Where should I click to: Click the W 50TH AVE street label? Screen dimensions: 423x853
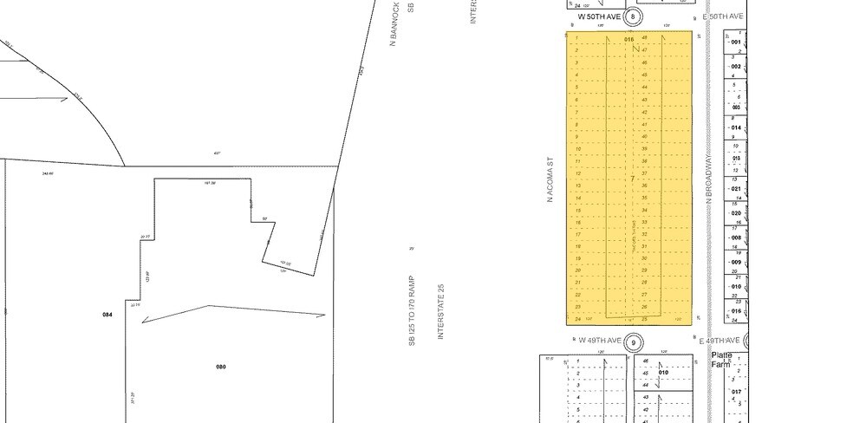pos(601,16)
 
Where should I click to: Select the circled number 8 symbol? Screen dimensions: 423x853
pos(634,16)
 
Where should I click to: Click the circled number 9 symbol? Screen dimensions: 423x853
pos(634,342)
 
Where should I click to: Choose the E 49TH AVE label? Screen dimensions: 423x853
pos(721,342)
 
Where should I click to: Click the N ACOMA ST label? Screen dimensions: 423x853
pos(550,180)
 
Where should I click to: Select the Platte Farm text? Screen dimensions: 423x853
pos(721,360)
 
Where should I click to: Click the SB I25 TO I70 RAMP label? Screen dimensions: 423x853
pos(413,311)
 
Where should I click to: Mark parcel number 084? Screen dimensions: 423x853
pos(107,314)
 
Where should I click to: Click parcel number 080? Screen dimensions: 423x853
pos(220,367)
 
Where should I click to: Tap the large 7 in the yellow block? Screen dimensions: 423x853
pos(634,179)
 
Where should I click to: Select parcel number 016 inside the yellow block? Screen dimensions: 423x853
pos(629,39)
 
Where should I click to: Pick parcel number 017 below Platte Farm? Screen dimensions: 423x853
pos(736,392)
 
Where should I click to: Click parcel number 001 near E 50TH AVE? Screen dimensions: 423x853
pos(736,42)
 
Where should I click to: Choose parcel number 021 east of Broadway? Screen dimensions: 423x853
pos(736,188)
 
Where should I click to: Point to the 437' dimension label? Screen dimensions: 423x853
pos(217,153)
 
